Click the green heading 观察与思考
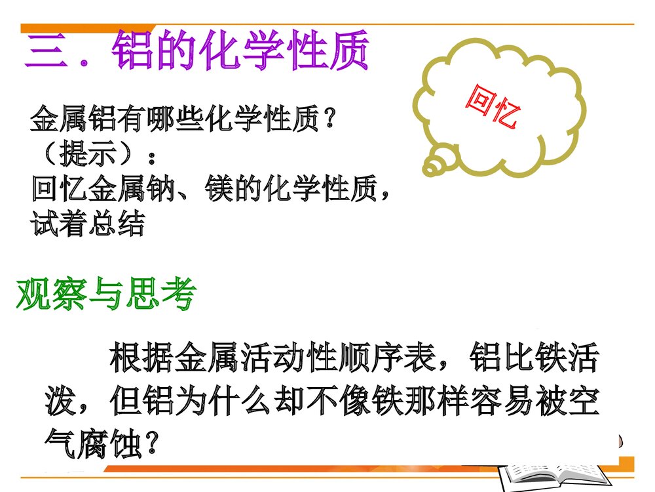tap(105, 295)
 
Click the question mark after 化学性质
tap(330, 121)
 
